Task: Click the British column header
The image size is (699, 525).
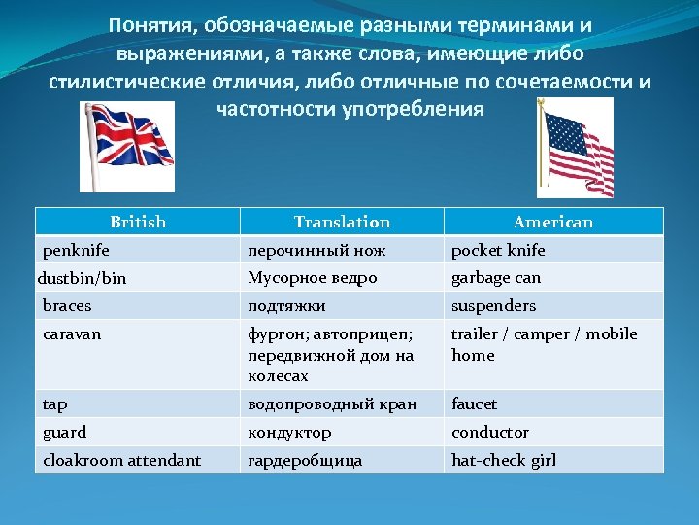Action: point(138,222)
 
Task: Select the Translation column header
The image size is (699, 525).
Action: point(342,222)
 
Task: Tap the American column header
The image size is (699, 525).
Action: point(552,222)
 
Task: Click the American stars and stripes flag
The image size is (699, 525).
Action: point(576,148)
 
